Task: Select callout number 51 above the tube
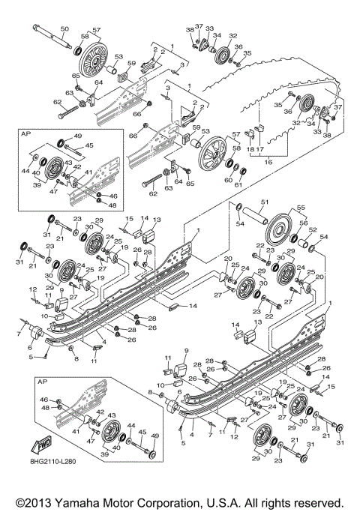[264, 202]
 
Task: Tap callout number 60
[226, 179]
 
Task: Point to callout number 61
[238, 184]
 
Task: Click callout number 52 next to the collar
[313, 230]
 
